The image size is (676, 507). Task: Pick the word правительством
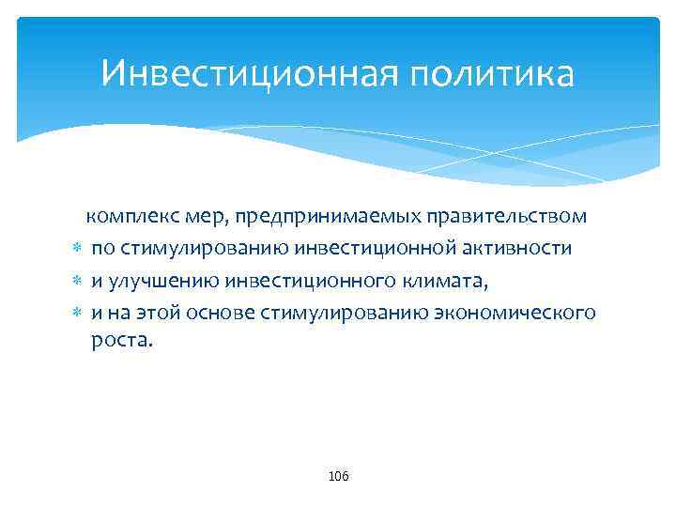(x=507, y=216)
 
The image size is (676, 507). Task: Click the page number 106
(x=338, y=477)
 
